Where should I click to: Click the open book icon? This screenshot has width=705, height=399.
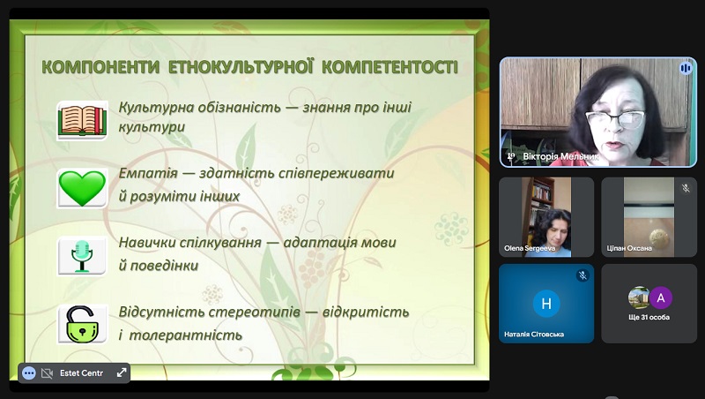pos(82,121)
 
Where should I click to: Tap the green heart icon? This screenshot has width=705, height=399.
pos(82,188)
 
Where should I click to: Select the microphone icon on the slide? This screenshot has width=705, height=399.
pos(82,256)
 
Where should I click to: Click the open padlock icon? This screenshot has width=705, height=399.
pos(82,324)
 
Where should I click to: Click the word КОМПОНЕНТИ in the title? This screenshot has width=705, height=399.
pos(100,67)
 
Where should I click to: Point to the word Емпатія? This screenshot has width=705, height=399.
pos(148,173)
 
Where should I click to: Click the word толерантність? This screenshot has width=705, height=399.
pos(186,335)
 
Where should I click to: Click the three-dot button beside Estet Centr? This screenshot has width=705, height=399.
pos(29,373)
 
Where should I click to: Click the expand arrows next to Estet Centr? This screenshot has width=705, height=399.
pos(122,373)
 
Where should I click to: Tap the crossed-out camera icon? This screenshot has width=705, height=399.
pos(47,373)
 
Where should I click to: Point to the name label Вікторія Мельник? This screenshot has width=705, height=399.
pos(560,157)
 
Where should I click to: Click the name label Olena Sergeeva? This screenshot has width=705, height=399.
pos(530,248)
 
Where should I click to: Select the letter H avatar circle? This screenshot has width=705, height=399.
pos(546,304)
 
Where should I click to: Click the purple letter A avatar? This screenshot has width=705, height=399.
pos(660,297)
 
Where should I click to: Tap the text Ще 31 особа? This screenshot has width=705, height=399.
pos(649,317)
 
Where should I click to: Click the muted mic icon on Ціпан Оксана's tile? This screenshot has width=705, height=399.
pos(686,188)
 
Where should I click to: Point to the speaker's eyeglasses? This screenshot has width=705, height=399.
pos(615,120)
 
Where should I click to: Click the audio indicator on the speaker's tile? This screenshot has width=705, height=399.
pos(686,68)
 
